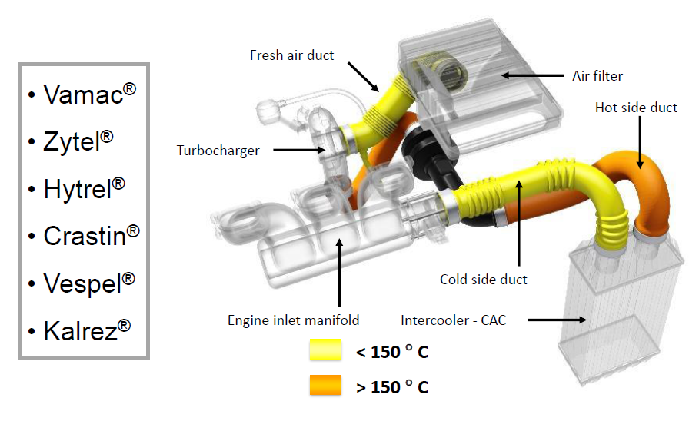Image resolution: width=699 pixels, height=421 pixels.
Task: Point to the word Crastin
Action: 84,235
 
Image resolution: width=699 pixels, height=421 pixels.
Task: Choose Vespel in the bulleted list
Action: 82,282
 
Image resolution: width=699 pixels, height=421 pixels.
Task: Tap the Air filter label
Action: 597,76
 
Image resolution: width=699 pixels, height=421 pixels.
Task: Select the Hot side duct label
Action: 636,108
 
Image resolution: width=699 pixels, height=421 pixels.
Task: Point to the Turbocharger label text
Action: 218,151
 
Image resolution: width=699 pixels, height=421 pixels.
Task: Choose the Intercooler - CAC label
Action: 453,320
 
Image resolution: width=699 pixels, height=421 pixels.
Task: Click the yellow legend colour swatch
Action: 325,351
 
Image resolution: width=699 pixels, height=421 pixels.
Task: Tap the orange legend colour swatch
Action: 325,385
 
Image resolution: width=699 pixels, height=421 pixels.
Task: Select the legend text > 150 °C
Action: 392,386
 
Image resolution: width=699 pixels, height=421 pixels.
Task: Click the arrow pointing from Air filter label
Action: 531,75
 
